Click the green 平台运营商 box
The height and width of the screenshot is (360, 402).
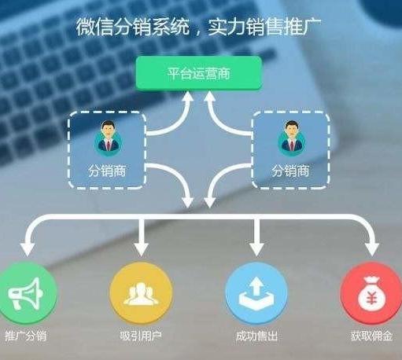(x=199, y=73)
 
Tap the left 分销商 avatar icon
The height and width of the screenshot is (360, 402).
(x=109, y=139)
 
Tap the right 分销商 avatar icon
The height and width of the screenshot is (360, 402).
(x=292, y=139)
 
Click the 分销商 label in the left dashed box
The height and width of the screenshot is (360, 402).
(x=107, y=171)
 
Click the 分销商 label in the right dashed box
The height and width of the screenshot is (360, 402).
(x=290, y=171)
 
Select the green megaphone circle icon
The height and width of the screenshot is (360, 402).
(x=26, y=294)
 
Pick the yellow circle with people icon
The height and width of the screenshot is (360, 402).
(x=141, y=294)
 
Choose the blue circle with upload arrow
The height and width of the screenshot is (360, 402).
(x=256, y=294)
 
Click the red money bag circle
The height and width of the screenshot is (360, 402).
(x=371, y=294)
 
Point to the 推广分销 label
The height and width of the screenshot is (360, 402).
(x=26, y=336)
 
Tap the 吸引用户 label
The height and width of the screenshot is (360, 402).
(x=141, y=336)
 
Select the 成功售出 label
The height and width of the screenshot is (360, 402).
(x=256, y=336)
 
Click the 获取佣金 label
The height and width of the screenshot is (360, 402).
(x=371, y=336)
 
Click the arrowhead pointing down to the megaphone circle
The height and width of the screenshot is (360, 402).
(x=28, y=249)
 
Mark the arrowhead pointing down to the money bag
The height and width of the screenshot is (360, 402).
(x=371, y=249)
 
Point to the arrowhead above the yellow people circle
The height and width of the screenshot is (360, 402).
(x=141, y=249)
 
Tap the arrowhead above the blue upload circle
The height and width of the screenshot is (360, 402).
(x=256, y=249)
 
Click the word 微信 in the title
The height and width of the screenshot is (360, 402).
(x=95, y=27)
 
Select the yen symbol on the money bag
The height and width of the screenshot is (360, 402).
(x=371, y=299)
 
